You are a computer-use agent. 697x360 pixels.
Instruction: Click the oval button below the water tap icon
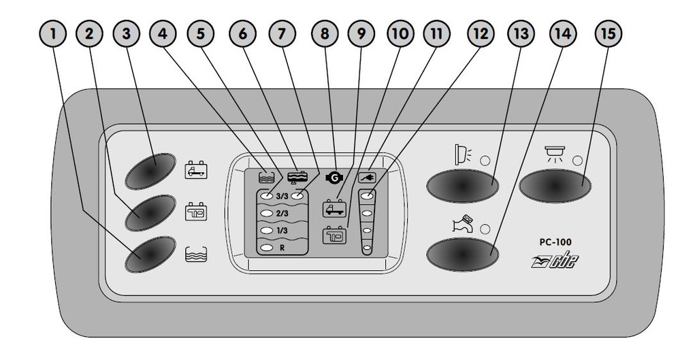(x=463, y=255)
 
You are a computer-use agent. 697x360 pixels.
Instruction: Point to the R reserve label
(x=281, y=248)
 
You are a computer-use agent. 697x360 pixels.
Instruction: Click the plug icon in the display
(x=367, y=178)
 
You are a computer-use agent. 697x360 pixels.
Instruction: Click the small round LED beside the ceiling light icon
(x=578, y=161)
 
